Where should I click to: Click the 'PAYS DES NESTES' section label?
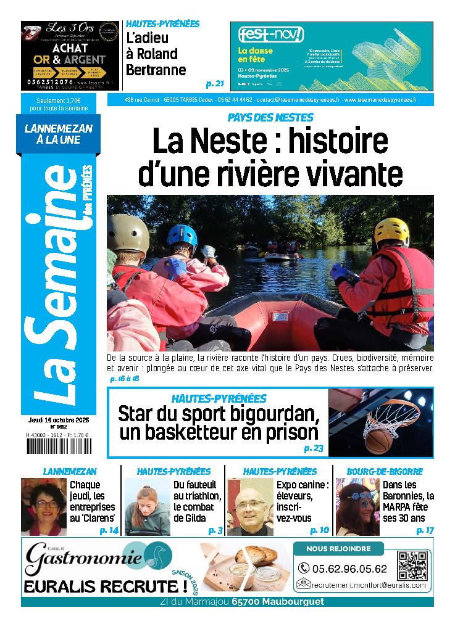[x=270, y=117]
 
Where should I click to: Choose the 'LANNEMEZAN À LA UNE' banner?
[x=58, y=134]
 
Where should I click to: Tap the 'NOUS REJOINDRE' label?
[x=338, y=548]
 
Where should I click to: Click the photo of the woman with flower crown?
[x=357, y=507]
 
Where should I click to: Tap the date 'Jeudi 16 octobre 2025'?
[x=59, y=419]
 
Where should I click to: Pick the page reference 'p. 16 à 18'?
[x=124, y=378]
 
